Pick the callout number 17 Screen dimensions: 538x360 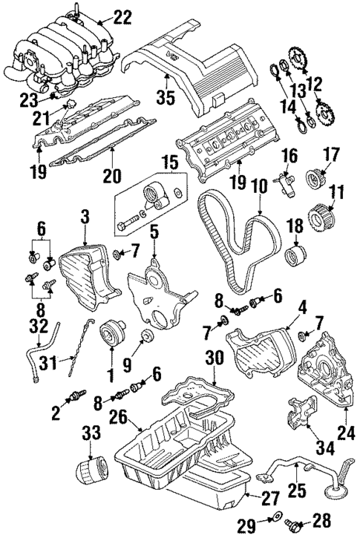[332, 155]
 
